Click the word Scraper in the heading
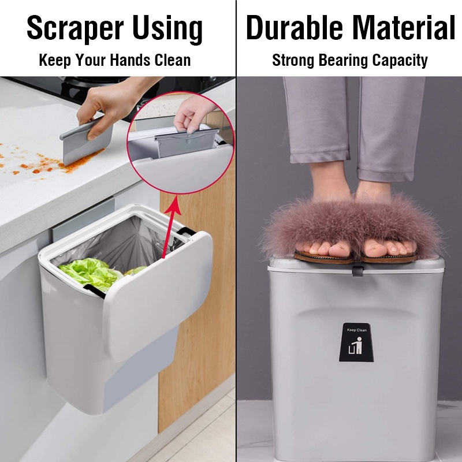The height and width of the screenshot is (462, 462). (x=75, y=28)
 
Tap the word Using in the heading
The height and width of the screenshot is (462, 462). (x=167, y=29)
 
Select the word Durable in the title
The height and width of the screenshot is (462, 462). (x=295, y=27)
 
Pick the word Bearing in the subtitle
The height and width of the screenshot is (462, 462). (x=343, y=60)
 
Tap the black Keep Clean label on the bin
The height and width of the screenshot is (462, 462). (x=356, y=342)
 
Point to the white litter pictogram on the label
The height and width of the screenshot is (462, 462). (x=355, y=346)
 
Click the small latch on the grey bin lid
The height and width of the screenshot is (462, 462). (x=357, y=271)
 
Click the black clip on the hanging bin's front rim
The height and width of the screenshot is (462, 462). (x=94, y=291)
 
